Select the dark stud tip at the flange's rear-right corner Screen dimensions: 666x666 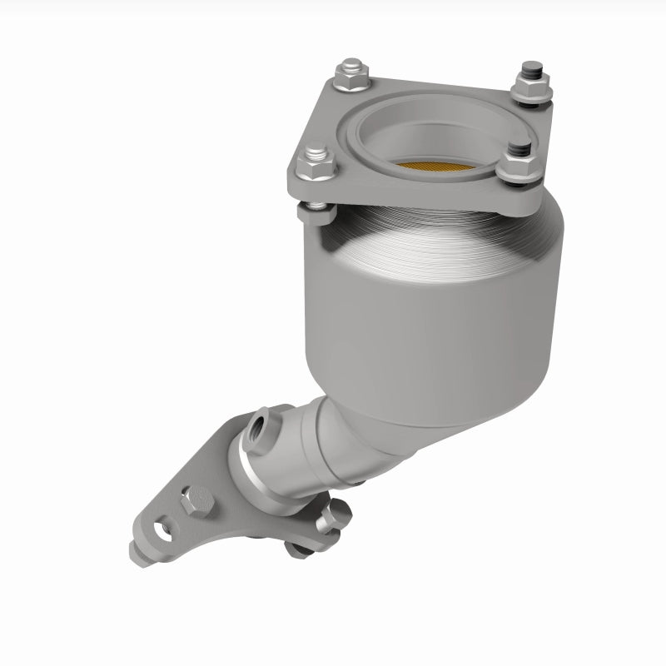pyautogui.click(x=527, y=70)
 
